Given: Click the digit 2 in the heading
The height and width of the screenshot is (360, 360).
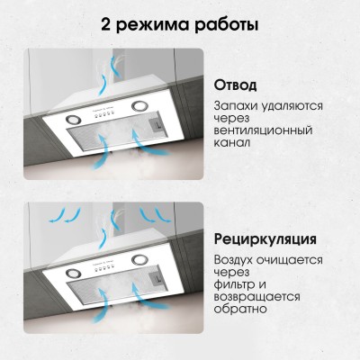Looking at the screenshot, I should [x=106, y=24].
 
